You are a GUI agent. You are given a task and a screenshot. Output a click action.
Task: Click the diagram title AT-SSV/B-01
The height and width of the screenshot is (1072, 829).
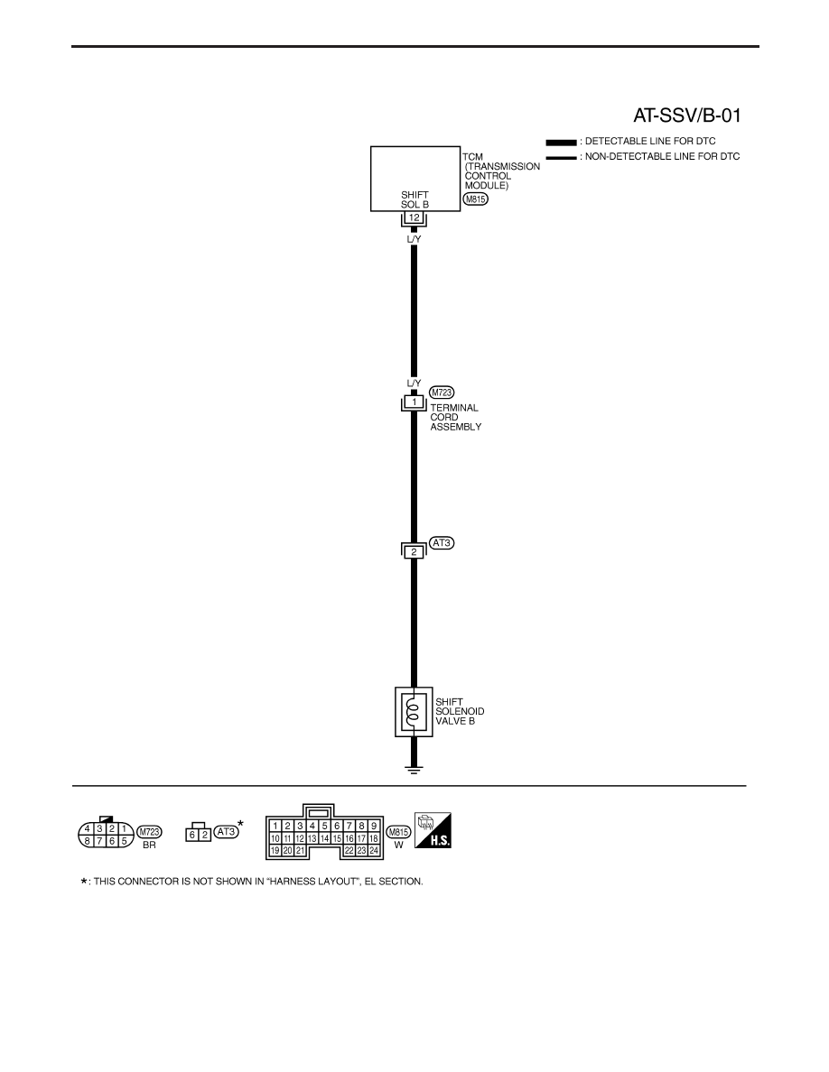pyautogui.click(x=686, y=115)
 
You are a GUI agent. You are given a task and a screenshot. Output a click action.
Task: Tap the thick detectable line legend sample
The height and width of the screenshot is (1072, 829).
pyautogui.click(x=561, y=143)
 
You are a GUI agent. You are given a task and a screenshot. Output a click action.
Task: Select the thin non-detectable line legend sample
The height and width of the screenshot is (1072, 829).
pyautogui.click(x=561, y=158)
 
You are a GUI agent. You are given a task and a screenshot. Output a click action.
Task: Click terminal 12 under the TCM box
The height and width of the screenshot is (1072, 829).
pyautogui.click(x=414, y=218)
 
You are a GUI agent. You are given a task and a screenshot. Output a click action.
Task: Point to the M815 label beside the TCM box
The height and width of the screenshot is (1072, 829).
pyautogui.click(x=475, y=199)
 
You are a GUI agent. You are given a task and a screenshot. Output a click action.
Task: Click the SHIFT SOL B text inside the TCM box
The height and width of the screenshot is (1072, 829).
pyautogui.click(x=414, y=199)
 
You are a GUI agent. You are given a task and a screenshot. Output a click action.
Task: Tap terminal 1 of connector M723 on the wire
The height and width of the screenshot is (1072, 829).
pyautogui.click(x=414, y=402)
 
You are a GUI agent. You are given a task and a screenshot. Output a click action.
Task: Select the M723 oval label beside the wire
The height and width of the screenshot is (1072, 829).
pyautogui.click(x=442, y=393)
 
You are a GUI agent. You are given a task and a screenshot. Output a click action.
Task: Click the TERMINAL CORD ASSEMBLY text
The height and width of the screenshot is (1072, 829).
pyautogui.click(x=455, y=417)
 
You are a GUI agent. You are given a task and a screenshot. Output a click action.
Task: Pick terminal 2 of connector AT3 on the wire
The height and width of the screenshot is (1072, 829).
pyautogui.click(x=414, y=551)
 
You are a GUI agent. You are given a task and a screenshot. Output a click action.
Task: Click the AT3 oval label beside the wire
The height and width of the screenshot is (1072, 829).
pyautogui.click(x=442, y=543)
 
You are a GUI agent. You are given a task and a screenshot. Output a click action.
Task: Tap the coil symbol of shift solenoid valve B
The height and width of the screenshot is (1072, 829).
pyautogui.click(x=413, y=712)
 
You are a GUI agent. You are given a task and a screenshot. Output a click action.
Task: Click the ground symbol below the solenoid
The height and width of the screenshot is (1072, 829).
pyautogui.click(x=414, y=770)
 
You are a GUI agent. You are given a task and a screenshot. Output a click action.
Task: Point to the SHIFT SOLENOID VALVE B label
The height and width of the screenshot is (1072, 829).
pyautogui.click(x=460, y=711)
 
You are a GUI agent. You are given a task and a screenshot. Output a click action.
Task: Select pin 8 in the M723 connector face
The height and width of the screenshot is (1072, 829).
pyautogui.click(x=87, y=842)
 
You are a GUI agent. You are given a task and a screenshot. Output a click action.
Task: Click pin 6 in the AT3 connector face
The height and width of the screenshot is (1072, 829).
pyautogui.click(x=192, y=835)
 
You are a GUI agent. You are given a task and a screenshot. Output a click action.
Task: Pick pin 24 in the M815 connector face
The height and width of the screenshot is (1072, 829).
pyautogui.click(x=374, y=851)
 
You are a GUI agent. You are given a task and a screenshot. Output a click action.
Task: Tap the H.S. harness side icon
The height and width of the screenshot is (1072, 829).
pyautogui.click(x=433, y=830)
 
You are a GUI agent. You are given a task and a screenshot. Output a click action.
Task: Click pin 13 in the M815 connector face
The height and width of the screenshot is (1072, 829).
pyautogui.click(x=312, y=838)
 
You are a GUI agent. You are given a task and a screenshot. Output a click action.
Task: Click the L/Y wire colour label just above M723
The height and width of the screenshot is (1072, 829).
pyautogui.click(x=414, y=384)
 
